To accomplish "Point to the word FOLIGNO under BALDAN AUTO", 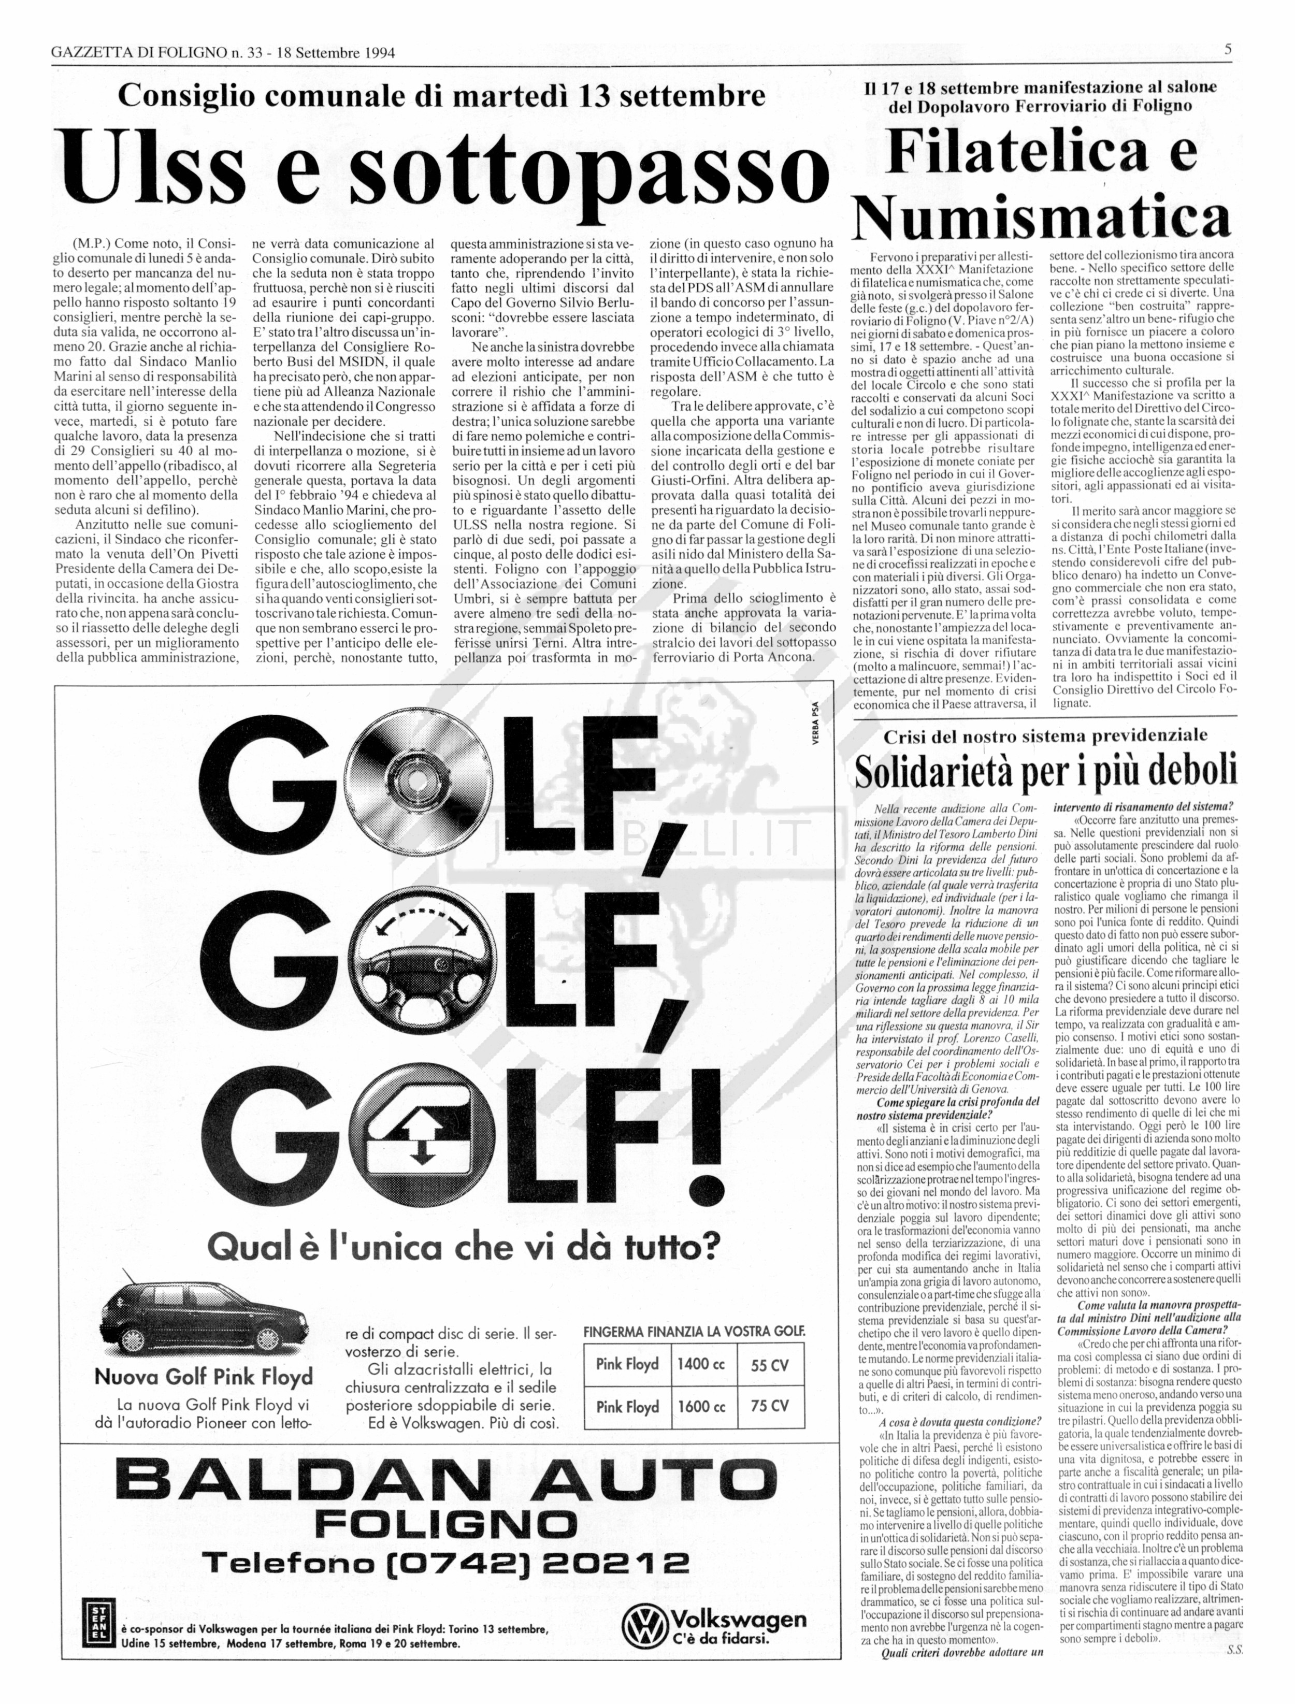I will click(x=447, y=1522).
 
